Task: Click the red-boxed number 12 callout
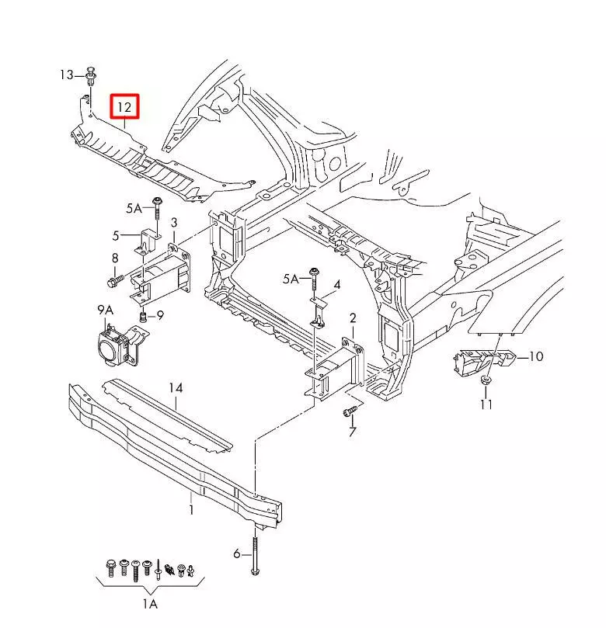[x=124, y=106]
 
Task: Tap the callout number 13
[x=67, y=75]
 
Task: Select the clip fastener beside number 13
[x=91, y=75]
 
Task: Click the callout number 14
[x=176, y=387]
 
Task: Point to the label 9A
[x=106, y=310]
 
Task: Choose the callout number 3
[x=174, y=224]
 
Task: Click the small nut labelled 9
[x=144, y=316]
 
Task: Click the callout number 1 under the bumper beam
[x=191, y=510]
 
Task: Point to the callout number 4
[x=337, y=286]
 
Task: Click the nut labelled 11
[x=486, y=380]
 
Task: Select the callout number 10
[x=536, y=357]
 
